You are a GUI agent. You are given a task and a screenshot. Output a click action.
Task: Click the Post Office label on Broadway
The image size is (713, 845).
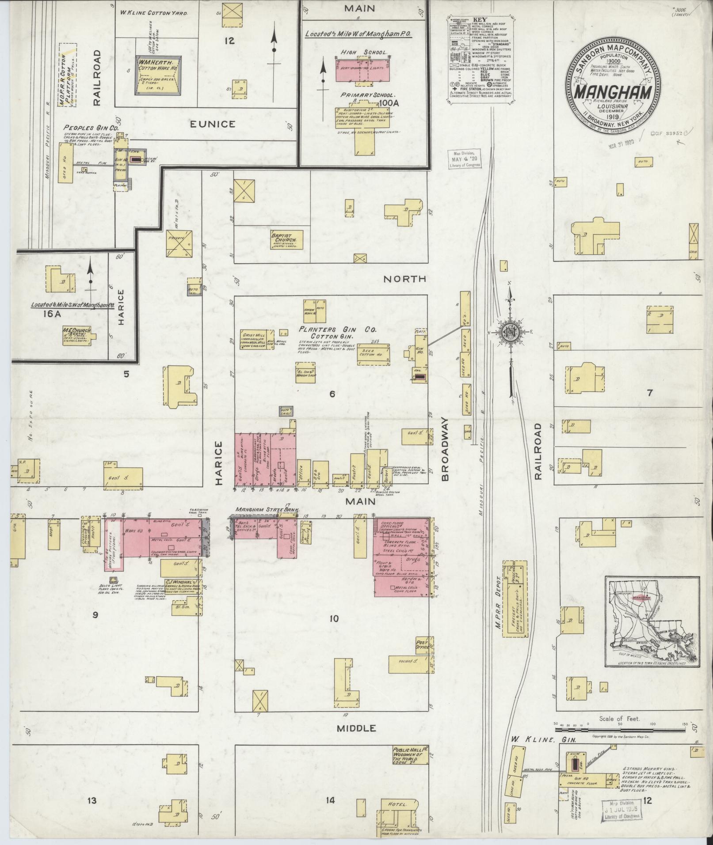tap(422, 645)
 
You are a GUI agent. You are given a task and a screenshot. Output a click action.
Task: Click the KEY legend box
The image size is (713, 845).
tap(480, 61)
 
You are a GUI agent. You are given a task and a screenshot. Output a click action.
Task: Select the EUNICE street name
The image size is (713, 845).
tap(212, 124)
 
